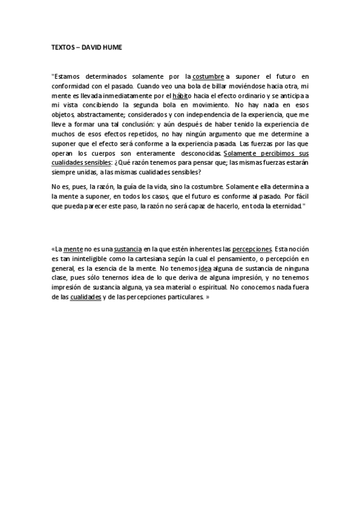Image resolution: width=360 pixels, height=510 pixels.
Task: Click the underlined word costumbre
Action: pyautogui.click(x=209, y=77)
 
